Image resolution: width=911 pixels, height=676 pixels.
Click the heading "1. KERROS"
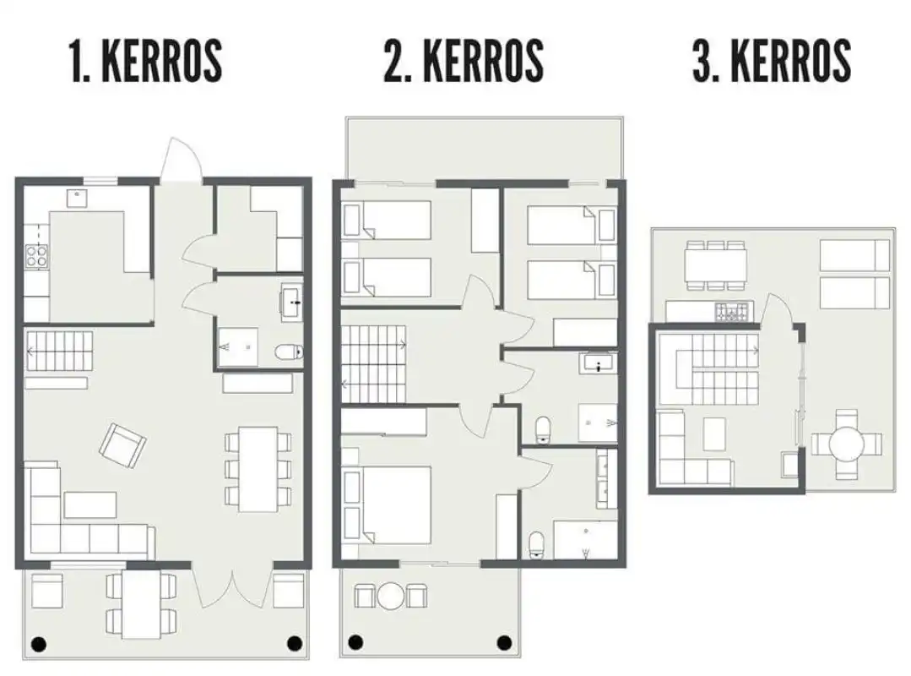146,61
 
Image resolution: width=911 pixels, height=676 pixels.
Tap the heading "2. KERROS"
464,61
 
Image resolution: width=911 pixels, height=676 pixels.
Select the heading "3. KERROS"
773,61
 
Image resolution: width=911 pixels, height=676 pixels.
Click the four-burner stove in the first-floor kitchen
36,256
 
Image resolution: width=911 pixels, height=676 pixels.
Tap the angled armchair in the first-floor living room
122,445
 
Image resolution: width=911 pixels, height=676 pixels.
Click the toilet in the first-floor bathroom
289,352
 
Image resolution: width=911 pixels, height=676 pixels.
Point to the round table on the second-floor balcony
390,595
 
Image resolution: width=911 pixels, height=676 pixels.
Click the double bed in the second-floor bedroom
388,505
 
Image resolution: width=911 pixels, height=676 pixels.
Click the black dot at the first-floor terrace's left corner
38,644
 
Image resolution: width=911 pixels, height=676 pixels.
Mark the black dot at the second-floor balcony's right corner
504,643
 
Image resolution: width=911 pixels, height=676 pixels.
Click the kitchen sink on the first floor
76,199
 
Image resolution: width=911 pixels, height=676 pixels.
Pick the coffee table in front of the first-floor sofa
90,504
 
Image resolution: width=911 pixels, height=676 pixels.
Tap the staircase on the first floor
59,351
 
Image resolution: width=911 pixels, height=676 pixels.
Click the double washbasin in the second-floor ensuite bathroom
606,479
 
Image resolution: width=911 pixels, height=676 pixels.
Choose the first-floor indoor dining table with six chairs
258,469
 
